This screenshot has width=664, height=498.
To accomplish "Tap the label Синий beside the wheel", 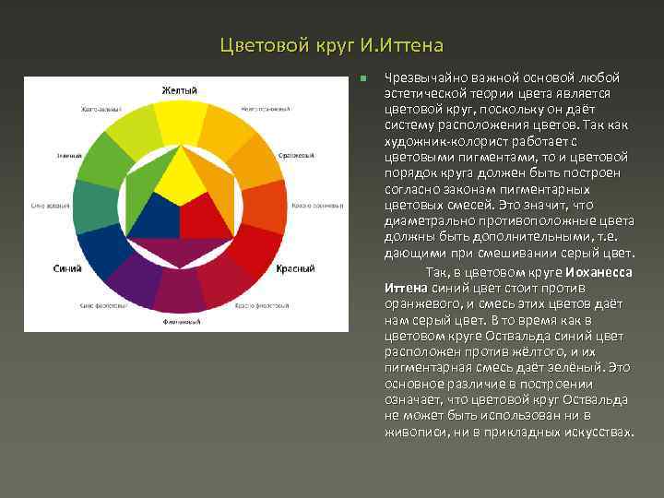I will click(x=67, y=267).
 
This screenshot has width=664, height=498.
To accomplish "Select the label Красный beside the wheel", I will click(x=294, y=267).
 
